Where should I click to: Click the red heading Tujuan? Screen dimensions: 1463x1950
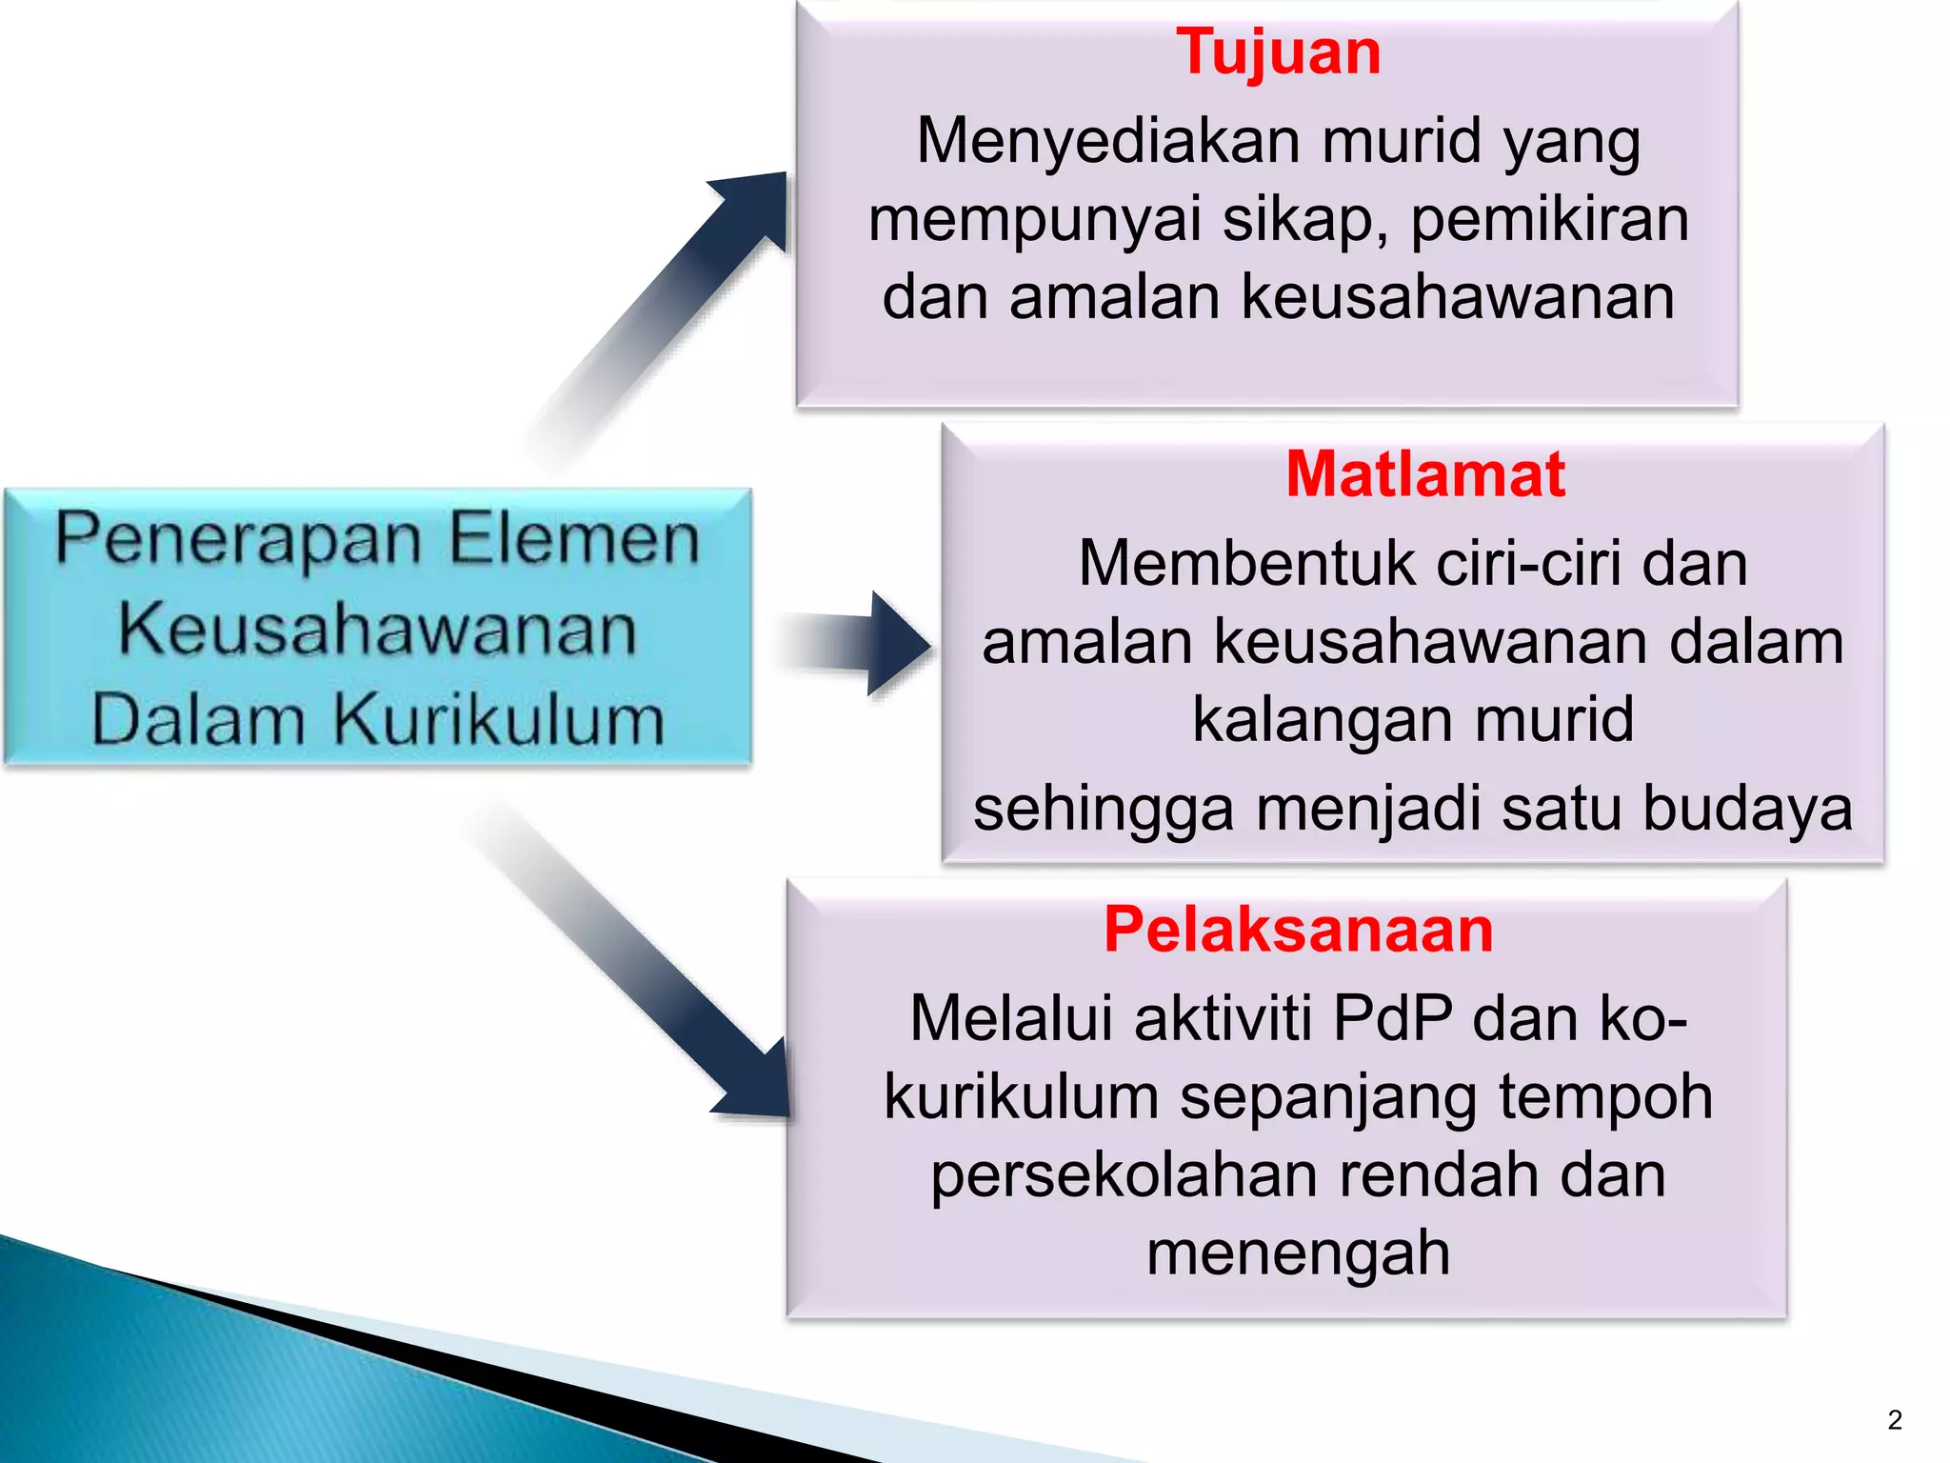click(1278, 52)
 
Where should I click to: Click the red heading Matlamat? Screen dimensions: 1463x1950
click(1424, 474)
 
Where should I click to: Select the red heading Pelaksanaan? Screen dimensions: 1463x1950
click(1298, 930)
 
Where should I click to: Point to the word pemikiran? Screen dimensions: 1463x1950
click(1549, 220)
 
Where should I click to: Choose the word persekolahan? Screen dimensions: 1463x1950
click(1124, 1175)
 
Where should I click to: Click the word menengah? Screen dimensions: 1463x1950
click(1298, 1253)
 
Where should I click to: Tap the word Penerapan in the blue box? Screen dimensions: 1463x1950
click(238, 539)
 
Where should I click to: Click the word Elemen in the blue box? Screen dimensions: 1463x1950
click(574, 539)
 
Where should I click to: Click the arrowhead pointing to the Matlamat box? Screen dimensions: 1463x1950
click(897, 644)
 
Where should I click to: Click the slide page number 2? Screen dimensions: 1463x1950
click(1894, 1420)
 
